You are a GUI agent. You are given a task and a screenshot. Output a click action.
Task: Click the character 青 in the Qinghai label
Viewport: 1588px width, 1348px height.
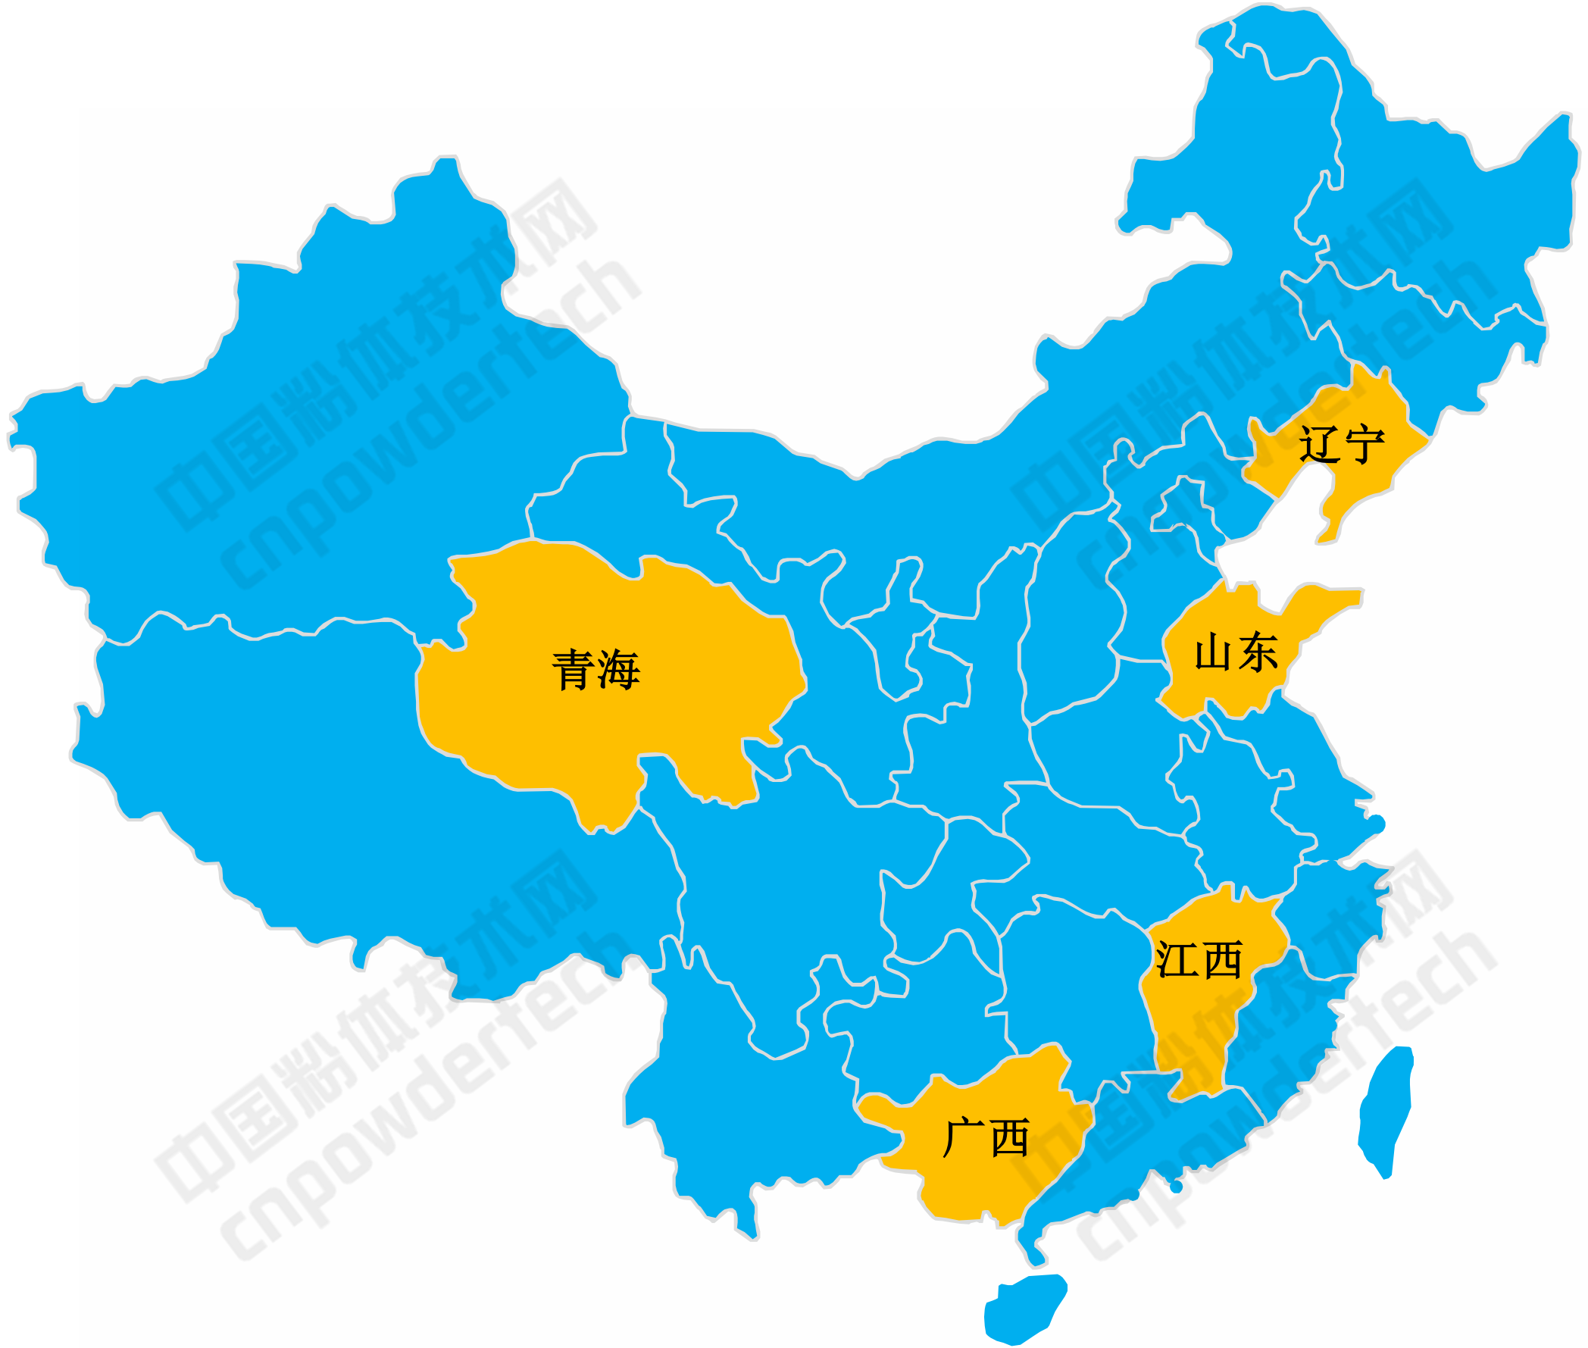click(x=573, y=670)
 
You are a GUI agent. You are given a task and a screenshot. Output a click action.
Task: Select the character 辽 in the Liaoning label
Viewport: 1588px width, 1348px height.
click(x=1319, y=444)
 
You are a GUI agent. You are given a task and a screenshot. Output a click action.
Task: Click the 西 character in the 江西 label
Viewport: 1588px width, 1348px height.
click(x=1221, y=960)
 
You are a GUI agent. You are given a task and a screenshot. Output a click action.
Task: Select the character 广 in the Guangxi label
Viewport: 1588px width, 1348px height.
click(x=963, y=1137)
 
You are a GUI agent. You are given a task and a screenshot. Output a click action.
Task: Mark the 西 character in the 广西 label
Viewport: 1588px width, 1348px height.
click(x=1009, y=1137)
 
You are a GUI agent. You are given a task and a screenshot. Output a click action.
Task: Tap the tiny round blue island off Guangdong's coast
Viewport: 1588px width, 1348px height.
click(x=1176, y=1187)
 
